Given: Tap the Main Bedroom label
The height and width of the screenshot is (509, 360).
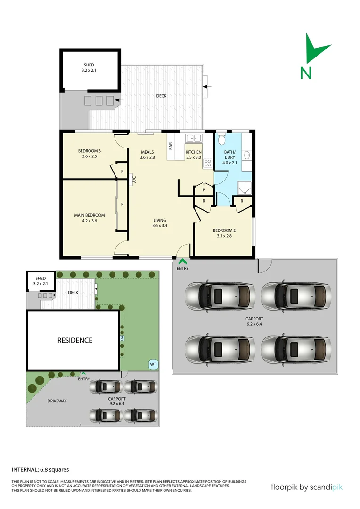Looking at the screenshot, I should (x=89, y=218).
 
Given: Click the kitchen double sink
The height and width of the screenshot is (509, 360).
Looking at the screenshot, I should (x=194, y=138).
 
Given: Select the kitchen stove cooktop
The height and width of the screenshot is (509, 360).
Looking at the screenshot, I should (x=207, y=163).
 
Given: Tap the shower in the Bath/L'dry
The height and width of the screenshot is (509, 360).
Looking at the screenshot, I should (x=245, y=188).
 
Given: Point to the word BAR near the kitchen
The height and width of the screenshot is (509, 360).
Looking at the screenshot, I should (x=170, y=146).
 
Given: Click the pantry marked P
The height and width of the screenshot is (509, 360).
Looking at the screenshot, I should (x=203, y=189).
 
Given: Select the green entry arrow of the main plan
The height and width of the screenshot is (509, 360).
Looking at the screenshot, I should (x=182, y=261).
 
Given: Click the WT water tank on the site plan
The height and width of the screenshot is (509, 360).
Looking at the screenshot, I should (x=153, y=364).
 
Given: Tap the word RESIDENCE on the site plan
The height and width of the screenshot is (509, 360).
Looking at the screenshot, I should (x=75, y=340).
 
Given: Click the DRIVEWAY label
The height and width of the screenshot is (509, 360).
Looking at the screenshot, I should (x=57, y=401).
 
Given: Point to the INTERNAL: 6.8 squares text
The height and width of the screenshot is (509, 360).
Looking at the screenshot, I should (x=41, y=469).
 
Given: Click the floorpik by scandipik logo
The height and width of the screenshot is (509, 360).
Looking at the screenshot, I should (x=306, y=487).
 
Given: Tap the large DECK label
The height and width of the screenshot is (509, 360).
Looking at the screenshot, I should (x=162, y=96).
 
